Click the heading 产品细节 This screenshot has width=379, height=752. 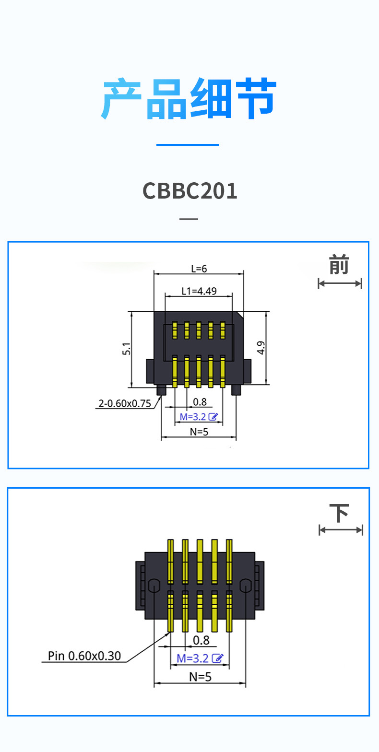coord(189,99)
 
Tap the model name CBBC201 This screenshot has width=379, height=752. coord(190,191)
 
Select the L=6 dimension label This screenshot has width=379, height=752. coord(199,269)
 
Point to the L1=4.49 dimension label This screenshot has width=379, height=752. coord(199,291)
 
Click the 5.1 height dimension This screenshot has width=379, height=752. coord(126,349)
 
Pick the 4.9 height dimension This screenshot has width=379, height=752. coord(261,348)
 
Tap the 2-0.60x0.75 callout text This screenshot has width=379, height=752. coord(124,404)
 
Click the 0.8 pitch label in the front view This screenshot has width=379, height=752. coord(200,402)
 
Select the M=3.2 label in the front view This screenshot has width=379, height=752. coord(193,417)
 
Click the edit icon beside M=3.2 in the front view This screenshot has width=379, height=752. coord(214,417)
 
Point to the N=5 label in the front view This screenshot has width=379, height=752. coord(199,431)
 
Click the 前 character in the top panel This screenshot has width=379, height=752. coord(339,265)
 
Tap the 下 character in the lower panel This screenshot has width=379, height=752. coord(340,513)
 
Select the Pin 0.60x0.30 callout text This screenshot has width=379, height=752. coord(84,656)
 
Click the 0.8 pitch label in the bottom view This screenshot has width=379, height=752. coord(201,640)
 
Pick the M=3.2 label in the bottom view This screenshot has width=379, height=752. coord(193,658)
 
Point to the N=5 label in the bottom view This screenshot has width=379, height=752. coord(200,677)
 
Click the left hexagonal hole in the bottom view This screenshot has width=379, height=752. coord(154,586)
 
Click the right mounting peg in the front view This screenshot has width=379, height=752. coord(236,389)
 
